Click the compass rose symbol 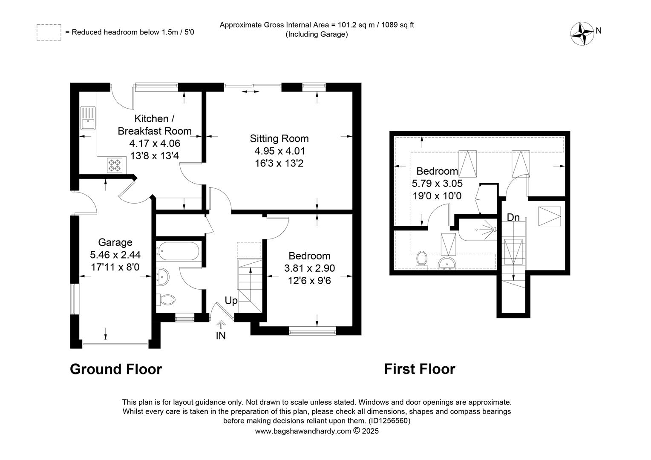(x=582, y=34)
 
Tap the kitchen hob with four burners (x=115, y=165)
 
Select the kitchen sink (x=88, y=118)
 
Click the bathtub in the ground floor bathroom (x=178, y=251)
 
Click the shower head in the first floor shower (x=494, y=230)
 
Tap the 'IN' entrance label (x=221, y=336)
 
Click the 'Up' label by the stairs (x=231, y=300)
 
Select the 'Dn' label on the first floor (x=513, y=217)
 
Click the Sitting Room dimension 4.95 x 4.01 (x=279, y=151)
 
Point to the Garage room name (x=115, y=242)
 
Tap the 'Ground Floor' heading (x=115, y=369)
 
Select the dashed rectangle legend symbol (x=49, y=32)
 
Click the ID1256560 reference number (x=389, y=420)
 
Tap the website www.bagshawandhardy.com (x=303, y=431)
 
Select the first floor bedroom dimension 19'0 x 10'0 (x=437, y=196)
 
